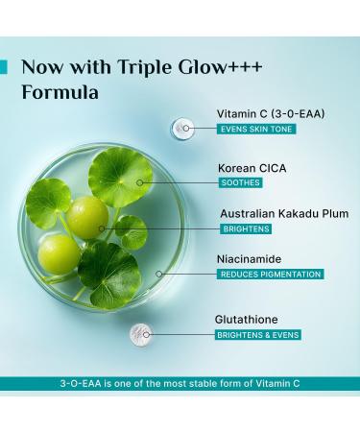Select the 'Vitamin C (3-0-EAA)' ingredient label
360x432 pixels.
pyautogui.click(x=270, y=112)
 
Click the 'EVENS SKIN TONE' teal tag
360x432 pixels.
pyautogui.click(x=255, y=130)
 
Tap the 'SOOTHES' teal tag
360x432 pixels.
pyautogui.click(x=240, y=182)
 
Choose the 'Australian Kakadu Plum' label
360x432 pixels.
pyautogui.click(x=284, y=213)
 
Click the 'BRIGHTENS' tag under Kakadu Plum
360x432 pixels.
pyautogui.click(x=245, y=228)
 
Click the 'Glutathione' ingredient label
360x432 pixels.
pyautogui.click(x=252, y=318)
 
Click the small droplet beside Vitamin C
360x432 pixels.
pyautogui.click(x=179, y=128)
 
